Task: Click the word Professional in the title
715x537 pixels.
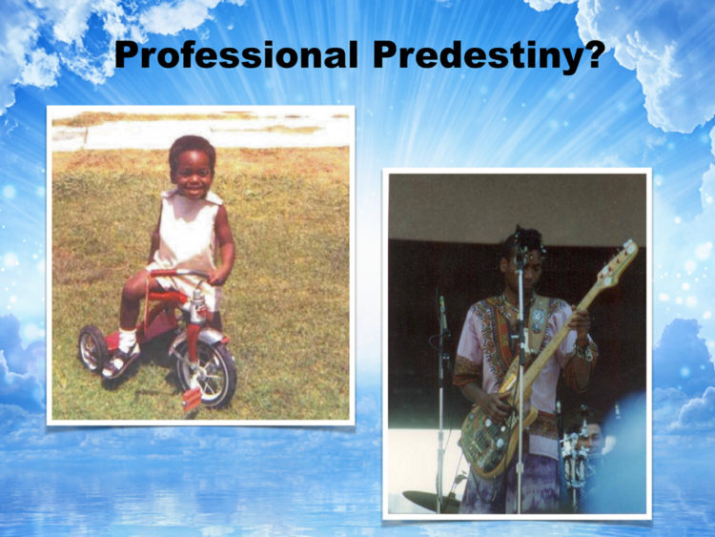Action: pyautogui.click(x=236, y=55)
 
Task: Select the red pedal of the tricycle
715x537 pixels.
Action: pyautogui.click(x=192, y=400)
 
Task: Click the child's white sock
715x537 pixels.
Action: pyautogui.click(x=127, y=341)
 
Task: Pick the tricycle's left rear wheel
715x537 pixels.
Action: pyautogui.click(x=92, y=348)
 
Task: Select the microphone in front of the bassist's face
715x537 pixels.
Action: pyautogui.click(x=520, y=258)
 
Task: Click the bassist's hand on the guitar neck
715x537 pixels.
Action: pyautogui.click(x=579, y=320)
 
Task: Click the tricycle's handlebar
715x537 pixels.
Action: pyautogui.click(x=182, y=275)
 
